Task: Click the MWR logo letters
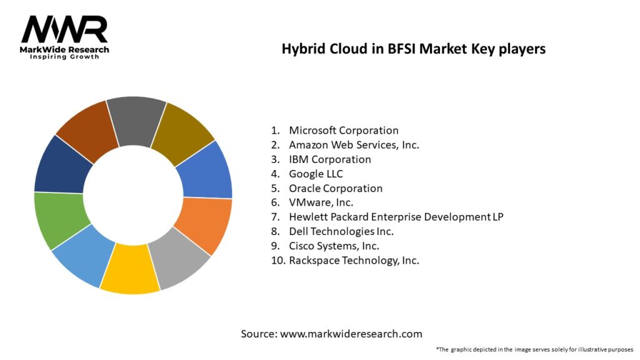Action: [x=64, y=29]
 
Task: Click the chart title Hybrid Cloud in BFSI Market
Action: [x=413, y=49]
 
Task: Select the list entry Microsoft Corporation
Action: [x=343, y=131]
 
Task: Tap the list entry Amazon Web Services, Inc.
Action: [x=354, y=145]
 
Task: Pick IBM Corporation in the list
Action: [x=329, y=159]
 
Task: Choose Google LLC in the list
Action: [x=316, y=174]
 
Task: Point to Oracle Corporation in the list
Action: [x=336, y=188]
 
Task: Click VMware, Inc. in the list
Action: [x=321, y=202]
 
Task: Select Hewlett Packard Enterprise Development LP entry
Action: [x=396, y=217]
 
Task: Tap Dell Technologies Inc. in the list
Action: [x=341, y=231]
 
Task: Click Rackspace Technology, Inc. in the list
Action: [x=354, y=260]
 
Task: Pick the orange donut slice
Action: [x=205, y=226]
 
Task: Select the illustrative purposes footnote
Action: [x=534, y=349]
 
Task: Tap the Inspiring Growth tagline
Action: [x=64, y=57]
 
